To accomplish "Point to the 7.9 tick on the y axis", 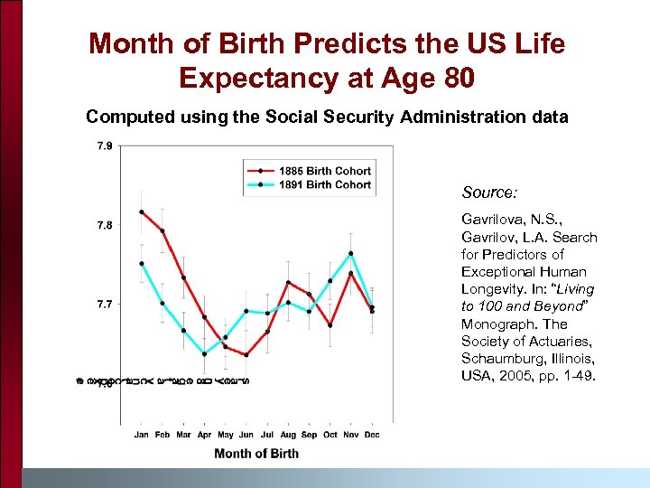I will coord(105,145).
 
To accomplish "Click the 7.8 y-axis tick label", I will coord(105,225).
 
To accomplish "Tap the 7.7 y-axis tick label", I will coord(105,305).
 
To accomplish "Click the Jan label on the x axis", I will coord(142,435).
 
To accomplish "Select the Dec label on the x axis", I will coord(372,435).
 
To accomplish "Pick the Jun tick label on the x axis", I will coord(246,435).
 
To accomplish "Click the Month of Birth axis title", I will coord(256,454).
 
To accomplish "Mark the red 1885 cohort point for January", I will coord(142,212).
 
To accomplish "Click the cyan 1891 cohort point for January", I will coord(142,264).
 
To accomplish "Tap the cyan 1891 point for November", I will coord(351,253).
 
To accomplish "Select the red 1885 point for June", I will coord(246,355).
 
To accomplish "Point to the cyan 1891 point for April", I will coord(204,354).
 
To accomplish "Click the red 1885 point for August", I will coord(288,282).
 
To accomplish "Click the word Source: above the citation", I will coord(488,192).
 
